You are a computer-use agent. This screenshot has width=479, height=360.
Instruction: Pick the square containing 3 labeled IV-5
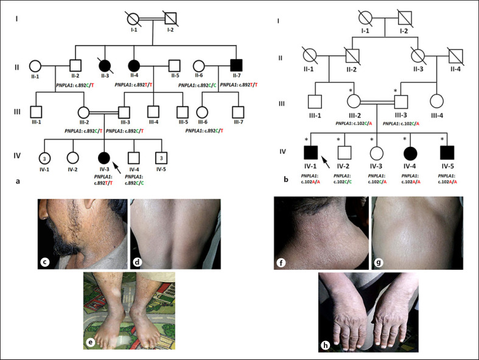coord(161,157)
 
